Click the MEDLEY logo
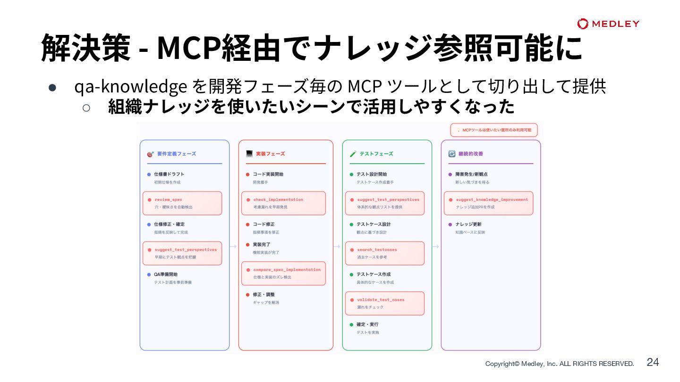click(608, 24)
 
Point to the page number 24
click(653, 362)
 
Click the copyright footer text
click(560, 364)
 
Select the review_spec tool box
click(182, 203)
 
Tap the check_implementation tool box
click(283, 203)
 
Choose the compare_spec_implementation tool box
click(283, 274)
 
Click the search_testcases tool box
click(384, 253)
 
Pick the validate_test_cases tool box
click(384, 303)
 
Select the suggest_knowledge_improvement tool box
click(488, 203)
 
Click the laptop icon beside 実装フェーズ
click(249, 154)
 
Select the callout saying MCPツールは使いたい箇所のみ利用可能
click(494, 130)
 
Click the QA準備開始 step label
click(166, 274)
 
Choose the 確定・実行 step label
click(367, 324)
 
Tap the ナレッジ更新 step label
click(468, 224)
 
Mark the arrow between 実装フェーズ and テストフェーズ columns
click(337, 246)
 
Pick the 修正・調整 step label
click(263, 294)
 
